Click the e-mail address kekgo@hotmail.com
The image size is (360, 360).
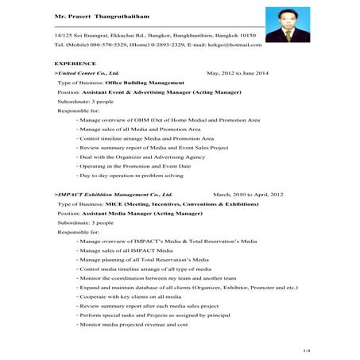pyautogui.click(x=247, y=45)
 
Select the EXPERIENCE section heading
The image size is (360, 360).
pyautogui.click(x=75, y=62)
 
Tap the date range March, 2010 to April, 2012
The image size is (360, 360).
pyautogui.click(x=248, y=194)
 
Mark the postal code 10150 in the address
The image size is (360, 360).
pyautogui.click(x=248, y=36)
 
